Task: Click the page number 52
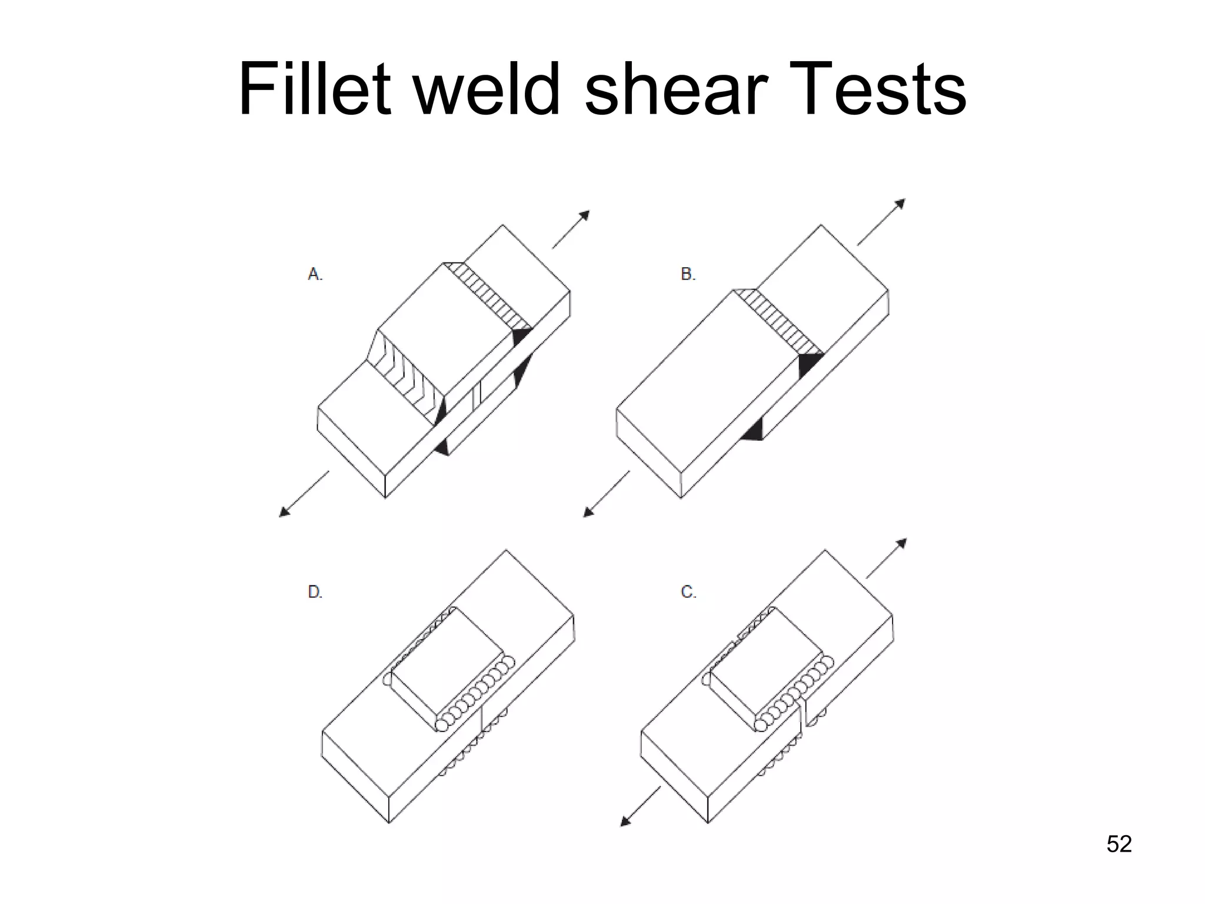coord(1119,843)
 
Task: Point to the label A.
coord(315,274)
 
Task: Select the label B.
coord(688,274)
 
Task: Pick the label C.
coord(688,591)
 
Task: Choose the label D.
coord(315,591)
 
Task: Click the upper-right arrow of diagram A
coord(571,230)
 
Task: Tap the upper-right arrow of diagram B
coord(881,222)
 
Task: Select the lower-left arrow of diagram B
coord(606,494)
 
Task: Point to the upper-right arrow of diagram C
coord(887,558)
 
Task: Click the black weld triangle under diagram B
coord(753,431)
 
